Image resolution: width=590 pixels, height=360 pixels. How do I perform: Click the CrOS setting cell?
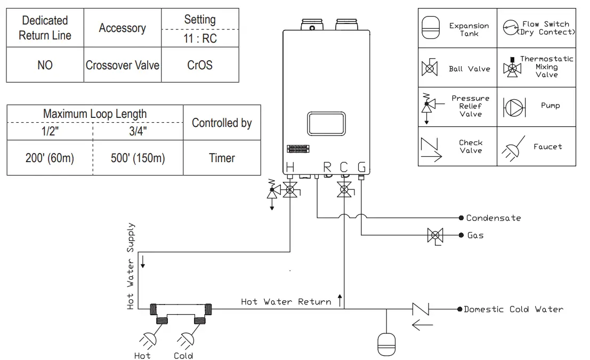pyautogui.click(x=200, y=65)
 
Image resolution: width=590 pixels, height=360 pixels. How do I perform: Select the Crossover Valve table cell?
pyautogui.click(x=123, y=65)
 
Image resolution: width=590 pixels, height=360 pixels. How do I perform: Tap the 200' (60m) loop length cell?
pyautogui.click(x=50, y=158)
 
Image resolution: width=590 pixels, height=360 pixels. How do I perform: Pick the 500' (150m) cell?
pyautogui.click(x=138, y=158)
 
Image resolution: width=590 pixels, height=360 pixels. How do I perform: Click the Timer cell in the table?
pyautogui.click(x=222, y=158)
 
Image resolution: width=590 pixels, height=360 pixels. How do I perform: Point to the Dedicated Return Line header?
pyautogui.click(x=45, y=28)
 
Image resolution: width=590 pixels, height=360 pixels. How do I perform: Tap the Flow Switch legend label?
pyautogui.click(x=546, y=28)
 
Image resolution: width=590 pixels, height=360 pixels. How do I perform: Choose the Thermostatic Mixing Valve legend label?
pyautogui.click(x=547, y=67)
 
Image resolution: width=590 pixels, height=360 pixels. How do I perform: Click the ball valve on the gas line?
pyautogui.click(x=436, y=235)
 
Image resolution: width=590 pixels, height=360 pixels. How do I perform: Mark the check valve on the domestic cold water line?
pyautogui.click(x=421, y=309)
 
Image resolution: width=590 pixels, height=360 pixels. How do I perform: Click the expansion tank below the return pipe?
pyautogui.click(x=386, y=344)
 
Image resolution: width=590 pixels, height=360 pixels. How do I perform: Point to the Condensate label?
pyautogui.click(x=493, y=218)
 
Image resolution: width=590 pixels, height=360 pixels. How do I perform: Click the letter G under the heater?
pyautogui.click(x=361, y=167)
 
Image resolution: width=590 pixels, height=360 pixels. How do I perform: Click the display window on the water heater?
pyautogui.click(x=326, y=124)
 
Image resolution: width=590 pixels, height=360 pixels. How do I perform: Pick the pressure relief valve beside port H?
pyautogui.click(x=272, y=192)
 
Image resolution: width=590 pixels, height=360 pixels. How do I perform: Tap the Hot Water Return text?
pyautogui.click(x=286, y=302)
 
